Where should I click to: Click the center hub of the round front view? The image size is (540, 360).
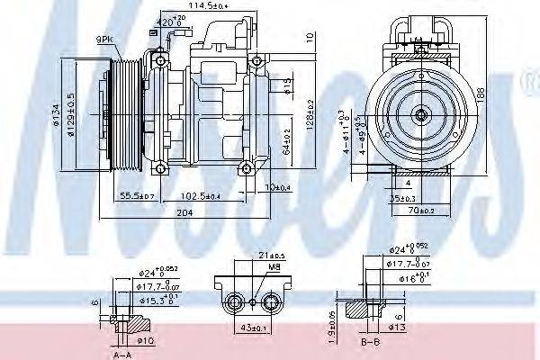[420, 114]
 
